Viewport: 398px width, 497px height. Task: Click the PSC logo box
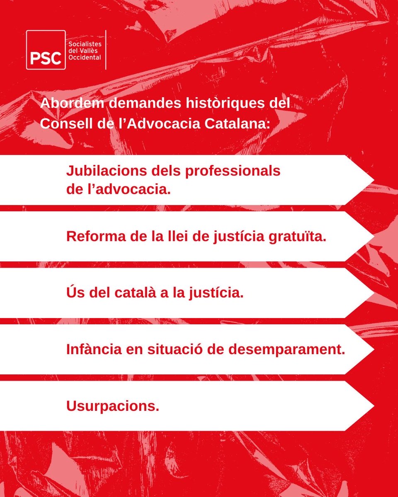pyautogui.click(x=46, y=50)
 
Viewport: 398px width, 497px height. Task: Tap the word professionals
pyautogui.click(x=233, y=171)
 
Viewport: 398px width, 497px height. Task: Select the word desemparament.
pyautogui.click(x=288, y=350)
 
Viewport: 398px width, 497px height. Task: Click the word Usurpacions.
pyautogui.click(x=113, y=406)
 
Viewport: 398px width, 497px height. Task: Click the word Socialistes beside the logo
pyautogui.click(x=85, y=43)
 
